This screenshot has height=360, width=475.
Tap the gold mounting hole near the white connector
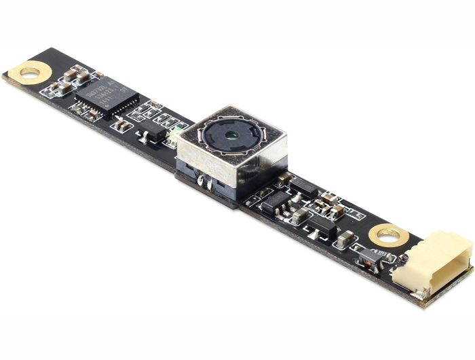click(389, 236)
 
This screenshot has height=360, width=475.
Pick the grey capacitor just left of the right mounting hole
click(345, 238)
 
